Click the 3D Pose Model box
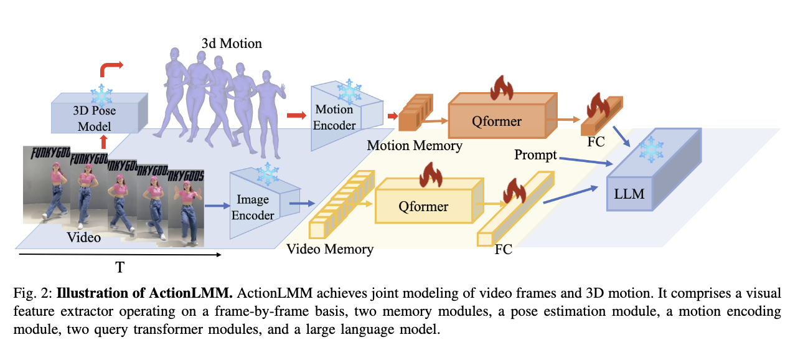[x=94, y=116]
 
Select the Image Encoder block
[x=256, y=207]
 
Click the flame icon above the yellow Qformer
[x=431, y=175]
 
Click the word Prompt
[x=536, y=154]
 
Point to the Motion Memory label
[x=415, y=146]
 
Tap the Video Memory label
[x=330, y=249]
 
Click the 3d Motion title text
[x=232, y=44]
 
